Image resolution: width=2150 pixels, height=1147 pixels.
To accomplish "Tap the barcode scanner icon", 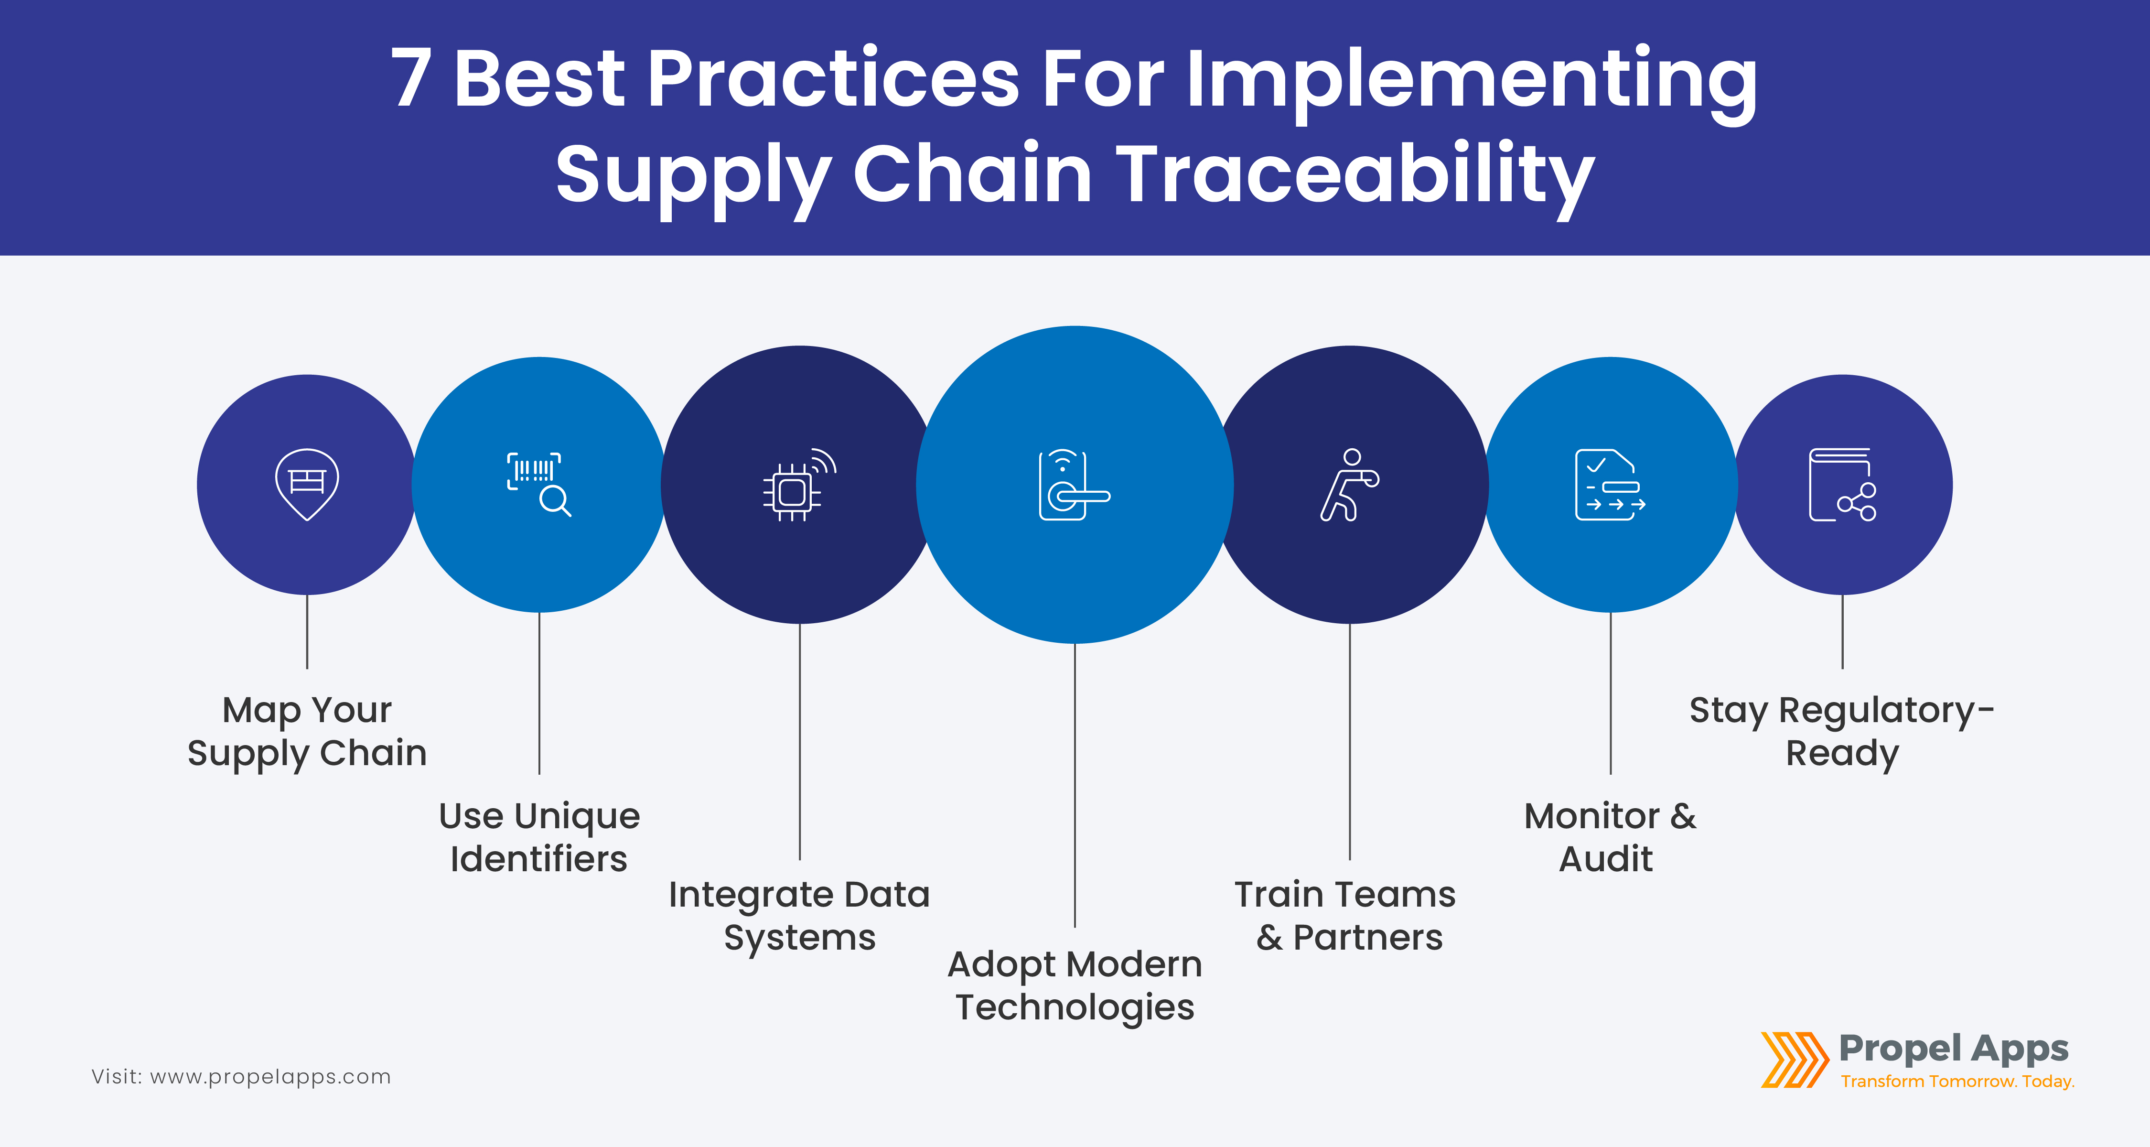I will click(x=538, y=484).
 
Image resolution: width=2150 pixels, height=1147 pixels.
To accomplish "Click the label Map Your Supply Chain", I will click(x=307, y=731).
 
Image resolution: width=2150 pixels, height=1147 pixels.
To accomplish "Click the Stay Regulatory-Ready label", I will click(x=1842, y=731).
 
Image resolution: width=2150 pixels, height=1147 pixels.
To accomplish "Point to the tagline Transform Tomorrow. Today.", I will click(x=1957, y=1081).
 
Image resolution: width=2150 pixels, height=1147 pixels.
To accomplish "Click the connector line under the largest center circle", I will click(x=1075, y=785).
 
